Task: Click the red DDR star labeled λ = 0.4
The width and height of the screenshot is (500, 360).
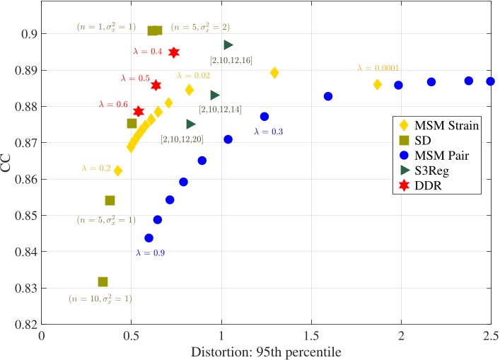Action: (x=174, y=52)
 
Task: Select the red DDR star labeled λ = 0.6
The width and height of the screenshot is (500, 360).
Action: (x=139, y=112)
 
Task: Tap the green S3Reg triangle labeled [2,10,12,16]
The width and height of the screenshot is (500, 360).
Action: (x=228, y=45)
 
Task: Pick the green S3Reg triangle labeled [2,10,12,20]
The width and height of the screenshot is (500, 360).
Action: (x=191, y=124)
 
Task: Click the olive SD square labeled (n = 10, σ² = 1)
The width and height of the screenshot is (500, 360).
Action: (x=103, y=281)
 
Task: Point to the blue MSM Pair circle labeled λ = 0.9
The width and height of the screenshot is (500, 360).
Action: (x=149, y=238)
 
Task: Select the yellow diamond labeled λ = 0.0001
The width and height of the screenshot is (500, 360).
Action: (x=378, y=84)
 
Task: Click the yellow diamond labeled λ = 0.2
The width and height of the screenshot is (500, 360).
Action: (x=118, y=170)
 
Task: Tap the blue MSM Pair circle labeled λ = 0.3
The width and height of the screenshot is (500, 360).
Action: (x=264, y=116)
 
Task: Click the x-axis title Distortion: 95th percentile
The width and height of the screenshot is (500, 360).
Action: (x=267, y=350)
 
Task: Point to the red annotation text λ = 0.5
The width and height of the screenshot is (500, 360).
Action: (x=134, y=79)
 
